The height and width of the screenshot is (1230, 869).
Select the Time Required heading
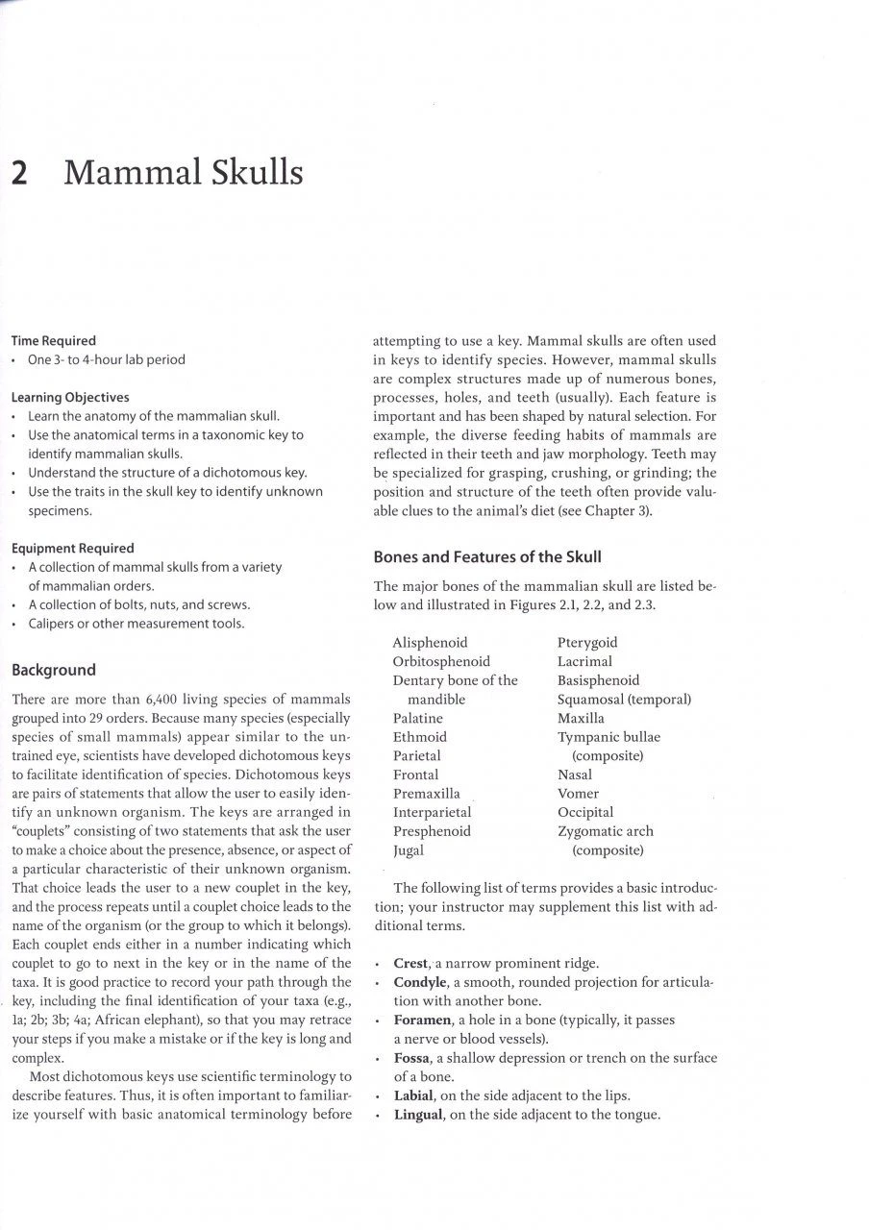[x=54, y=340]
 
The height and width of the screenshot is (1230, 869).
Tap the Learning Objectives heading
[x=70, y=397]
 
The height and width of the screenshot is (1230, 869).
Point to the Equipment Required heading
[x=73, y=548]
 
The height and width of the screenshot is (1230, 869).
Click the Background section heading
[x=54, y=670]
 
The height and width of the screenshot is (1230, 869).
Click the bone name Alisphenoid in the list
[x=430, y=642]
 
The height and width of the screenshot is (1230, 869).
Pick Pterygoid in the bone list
[x=587, y=642]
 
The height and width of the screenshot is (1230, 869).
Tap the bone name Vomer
[x=578, y=794]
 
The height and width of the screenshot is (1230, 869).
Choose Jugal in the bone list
[x=409, y=850]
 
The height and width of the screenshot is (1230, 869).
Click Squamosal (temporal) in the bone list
[x=624, y=699]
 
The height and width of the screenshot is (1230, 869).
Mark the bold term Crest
[x=411, y=963]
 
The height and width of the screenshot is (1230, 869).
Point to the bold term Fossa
[x=411, y=1058]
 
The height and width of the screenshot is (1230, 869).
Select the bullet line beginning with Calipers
[x=136, y=624]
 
